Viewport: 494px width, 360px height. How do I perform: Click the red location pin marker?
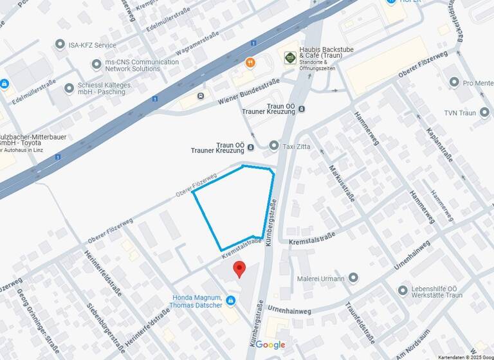(239, 269)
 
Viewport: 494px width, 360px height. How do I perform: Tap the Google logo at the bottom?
(270, 345)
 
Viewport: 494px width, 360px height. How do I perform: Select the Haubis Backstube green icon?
(290, 58)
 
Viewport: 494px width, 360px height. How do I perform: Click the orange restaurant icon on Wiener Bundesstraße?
(250, 63)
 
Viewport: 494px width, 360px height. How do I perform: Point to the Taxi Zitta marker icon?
(273, 146)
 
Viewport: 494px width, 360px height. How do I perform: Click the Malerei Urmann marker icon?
(353, 278)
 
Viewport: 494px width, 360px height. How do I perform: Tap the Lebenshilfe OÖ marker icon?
(403, 290)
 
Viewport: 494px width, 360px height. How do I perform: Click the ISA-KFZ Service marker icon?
(60, 44)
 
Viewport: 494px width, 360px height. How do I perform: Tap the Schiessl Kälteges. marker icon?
(69, 88)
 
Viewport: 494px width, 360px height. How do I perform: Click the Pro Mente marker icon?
(454, 82)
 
